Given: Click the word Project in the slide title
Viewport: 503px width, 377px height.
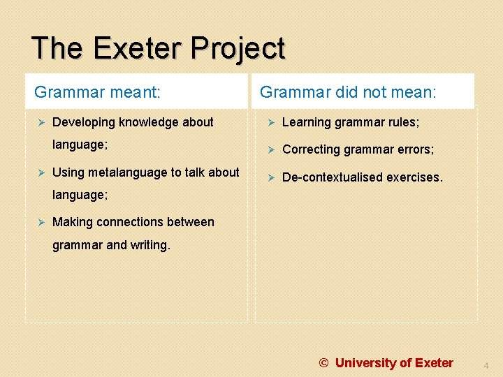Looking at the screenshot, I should [x=239, y=49].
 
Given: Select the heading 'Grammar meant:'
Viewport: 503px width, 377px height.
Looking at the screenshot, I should [x=97, y=92].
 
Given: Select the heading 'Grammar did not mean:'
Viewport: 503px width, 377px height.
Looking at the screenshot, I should [x=348, y=92].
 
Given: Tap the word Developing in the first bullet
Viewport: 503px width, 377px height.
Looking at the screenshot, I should [x=84, y=122].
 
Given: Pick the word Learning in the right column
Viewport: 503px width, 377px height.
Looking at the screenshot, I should [x=307, y=122].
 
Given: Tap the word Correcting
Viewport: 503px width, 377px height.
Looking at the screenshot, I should [x=311, y=149].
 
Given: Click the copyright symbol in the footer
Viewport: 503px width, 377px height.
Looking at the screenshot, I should [x=324, y=363].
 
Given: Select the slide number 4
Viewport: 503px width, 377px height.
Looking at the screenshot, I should [x=486, y=364].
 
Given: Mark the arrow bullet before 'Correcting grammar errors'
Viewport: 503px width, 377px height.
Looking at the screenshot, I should [x=269, y=149].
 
